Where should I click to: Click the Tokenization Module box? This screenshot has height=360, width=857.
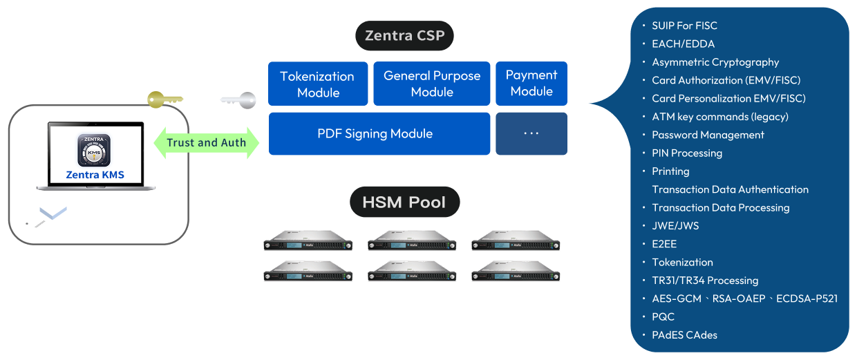(x=318, y=84)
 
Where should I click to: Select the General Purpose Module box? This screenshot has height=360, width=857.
(x=432, y=84)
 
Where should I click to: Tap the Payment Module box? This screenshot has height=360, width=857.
(x=531, y=83)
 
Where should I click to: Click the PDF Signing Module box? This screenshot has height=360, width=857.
(x=375, y=133)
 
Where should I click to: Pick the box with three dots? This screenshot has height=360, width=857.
(x=531, y=133)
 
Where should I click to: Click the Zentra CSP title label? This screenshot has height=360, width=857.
(x=404, y=35)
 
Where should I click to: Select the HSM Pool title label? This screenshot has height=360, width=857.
(x=404, y=202)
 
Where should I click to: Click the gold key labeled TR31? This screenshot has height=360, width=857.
(x=164, y=101)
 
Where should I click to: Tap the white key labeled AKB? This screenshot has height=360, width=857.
(x=238, y=101)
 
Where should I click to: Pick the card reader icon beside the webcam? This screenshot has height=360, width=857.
(x=46, y=214)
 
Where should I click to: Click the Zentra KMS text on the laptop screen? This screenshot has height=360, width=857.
(x=95, y=175)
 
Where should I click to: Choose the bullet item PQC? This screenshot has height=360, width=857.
(x=663, y=317)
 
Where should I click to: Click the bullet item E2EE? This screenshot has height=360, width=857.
(x=664, y=244)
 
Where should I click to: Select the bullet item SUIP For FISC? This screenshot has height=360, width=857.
(x=684, y=26)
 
